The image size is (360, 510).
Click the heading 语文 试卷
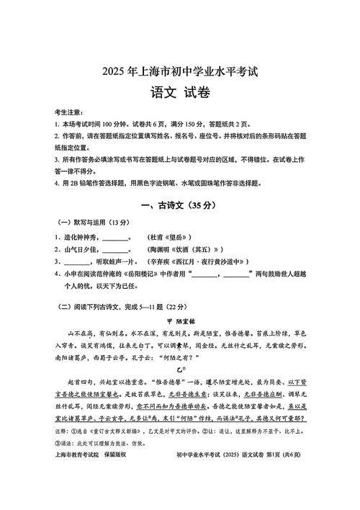[x=179, y=94]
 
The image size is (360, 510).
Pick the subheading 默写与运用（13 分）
[x=93, y=223]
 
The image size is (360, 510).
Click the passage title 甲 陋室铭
[x=181, y=321]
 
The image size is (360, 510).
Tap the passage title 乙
[x=181, y=367]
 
